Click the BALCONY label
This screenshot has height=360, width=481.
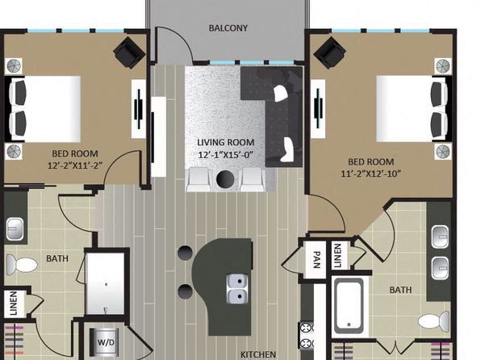coord(228,28)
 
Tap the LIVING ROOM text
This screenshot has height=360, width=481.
coord(226,142)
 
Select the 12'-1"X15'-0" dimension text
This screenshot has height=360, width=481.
coord(226,155)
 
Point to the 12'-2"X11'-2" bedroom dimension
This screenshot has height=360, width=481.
coord(75,165)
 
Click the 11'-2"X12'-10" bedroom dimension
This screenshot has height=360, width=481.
coord(371,174)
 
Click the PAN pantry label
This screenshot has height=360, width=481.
coord(317,259)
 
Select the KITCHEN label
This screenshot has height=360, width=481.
coord(258,354)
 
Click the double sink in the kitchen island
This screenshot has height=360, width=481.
coord(238,288)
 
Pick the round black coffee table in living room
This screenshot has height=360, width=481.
coord(225,178)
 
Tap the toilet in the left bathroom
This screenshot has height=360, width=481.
coord(22,264)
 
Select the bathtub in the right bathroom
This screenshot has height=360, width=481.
coord(349,305)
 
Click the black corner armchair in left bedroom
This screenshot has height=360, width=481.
coord(129,52)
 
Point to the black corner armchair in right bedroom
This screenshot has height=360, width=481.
coord(329,52)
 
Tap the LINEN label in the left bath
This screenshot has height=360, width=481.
coord(14,303)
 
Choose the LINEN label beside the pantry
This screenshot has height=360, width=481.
coord(337,255)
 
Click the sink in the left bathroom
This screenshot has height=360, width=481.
coord(15,228)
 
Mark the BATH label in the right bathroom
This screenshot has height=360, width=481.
coord(400,290)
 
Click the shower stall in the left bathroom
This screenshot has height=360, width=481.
coord(105,283)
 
